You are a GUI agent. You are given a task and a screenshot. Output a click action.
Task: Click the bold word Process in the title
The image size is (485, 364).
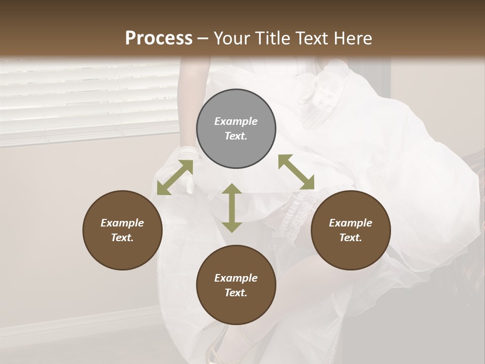pos(159,38)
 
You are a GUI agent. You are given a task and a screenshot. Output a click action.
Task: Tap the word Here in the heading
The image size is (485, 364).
pos(354,38)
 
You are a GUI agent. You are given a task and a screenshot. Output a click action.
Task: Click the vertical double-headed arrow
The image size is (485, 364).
pos(232,208)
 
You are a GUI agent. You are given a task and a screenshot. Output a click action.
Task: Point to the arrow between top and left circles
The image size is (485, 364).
pos(175,177)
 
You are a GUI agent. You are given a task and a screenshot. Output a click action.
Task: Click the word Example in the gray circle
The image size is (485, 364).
pos(236,121)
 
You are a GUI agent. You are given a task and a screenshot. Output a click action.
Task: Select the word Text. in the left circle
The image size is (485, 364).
pos(122,238)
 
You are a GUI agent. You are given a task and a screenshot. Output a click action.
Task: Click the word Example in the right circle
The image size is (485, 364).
pos(351,223)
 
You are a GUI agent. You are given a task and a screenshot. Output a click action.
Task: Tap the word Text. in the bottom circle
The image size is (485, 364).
pos(236,293)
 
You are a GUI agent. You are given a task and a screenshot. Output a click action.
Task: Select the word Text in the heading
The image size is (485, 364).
pos(310,38)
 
